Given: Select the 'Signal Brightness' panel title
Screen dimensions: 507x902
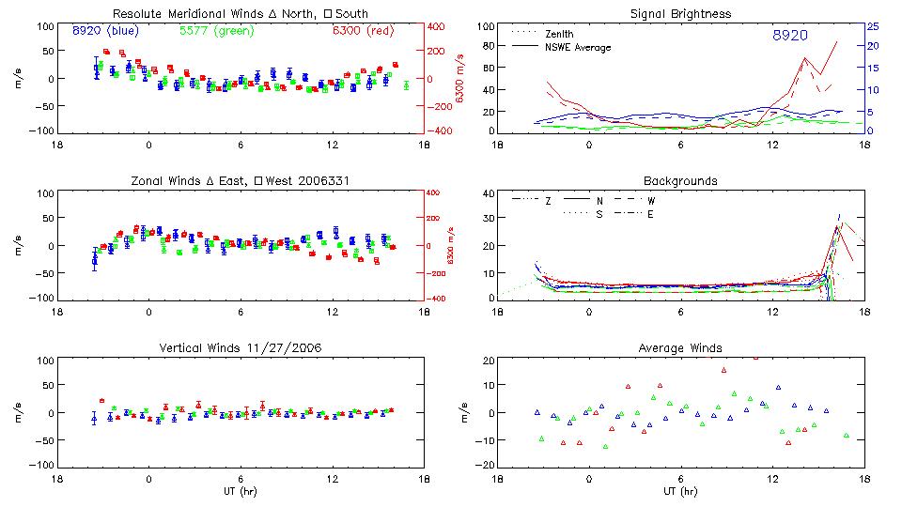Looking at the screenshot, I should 680,14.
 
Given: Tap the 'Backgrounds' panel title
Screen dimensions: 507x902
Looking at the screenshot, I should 680,180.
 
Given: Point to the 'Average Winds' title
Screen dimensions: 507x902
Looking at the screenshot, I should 680,348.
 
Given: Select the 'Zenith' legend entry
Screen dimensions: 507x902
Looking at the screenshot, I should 559,34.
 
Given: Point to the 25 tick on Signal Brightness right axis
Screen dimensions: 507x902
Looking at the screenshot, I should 872,26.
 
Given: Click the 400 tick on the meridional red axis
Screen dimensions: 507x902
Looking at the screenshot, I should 438,26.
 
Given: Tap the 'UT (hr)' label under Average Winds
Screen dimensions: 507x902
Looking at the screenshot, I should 680,491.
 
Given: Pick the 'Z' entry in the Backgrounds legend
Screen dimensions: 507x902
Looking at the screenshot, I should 548,201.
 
